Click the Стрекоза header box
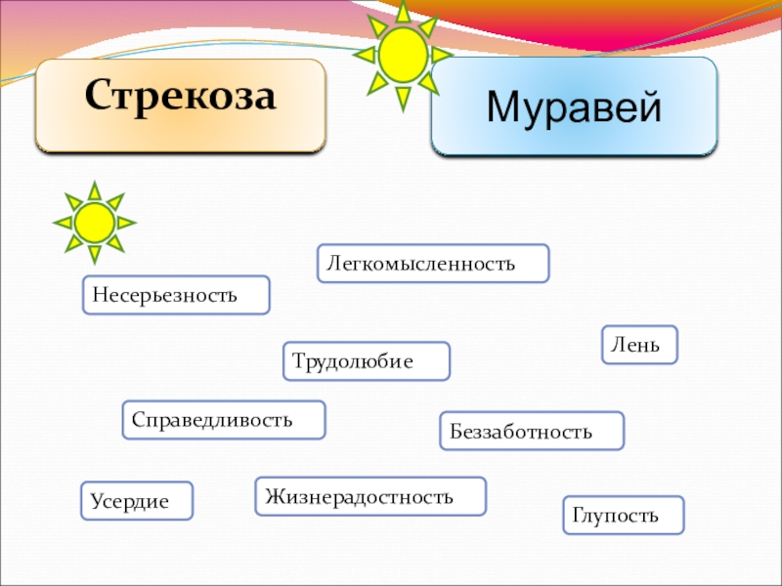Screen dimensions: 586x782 (x=180, y=105)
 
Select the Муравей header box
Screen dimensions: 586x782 (x=574, y=105)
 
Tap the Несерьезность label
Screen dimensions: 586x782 (x=175, y=294)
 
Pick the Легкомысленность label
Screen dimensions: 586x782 (x=433, y=264)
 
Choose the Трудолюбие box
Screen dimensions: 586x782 (x=367, y=361)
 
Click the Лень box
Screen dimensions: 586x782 (x=639, y=345)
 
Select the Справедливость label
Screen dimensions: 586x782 (x=224, y=420)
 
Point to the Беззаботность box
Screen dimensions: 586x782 (x=532, y=431)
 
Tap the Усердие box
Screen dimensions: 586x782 (x=137, y=500)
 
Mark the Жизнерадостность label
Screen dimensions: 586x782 (x=370, y=496)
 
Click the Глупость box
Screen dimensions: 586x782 (x=624, y=515)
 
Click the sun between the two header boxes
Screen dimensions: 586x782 (x=403, y=56)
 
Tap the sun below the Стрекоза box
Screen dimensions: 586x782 (x=94, y=223)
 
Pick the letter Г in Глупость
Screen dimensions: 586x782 (x=577, y=515)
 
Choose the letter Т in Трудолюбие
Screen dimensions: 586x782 (x=298, y=361)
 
